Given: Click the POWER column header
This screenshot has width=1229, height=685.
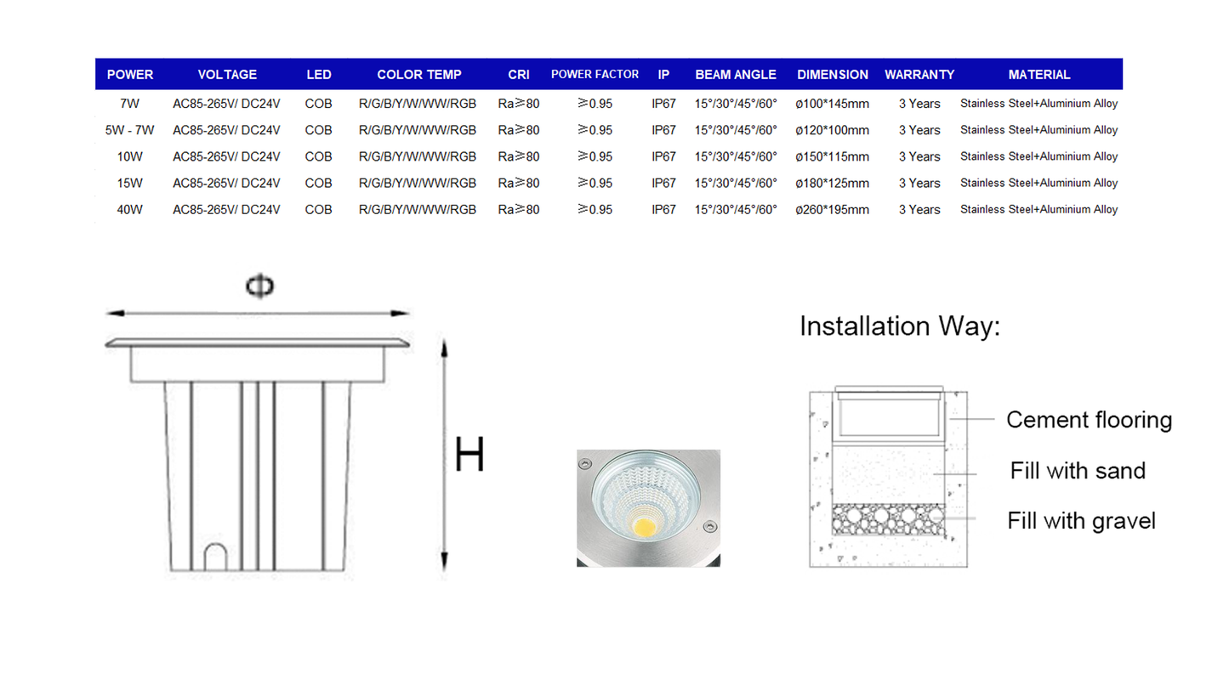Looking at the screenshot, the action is (x=129, y=75).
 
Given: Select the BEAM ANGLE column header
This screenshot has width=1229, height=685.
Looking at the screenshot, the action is (x=735, y=75).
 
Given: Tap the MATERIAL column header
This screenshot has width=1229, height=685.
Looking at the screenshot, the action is (x=1038, y=75).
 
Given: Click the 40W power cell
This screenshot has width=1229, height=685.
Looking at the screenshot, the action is (x=129, y=210).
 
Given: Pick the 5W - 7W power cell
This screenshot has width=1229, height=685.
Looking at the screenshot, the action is (x=129, y=130).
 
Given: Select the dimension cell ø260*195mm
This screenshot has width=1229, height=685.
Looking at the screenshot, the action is (x=833, y=210).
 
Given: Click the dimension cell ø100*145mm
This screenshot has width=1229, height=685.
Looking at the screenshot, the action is (x=833, y=104).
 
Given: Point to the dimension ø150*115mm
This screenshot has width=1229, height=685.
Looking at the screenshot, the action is (x=833, y=157).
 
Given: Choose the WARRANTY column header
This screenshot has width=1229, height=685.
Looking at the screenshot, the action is (x=919, y=75).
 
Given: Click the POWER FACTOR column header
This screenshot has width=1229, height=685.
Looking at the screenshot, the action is (x=595, y=75).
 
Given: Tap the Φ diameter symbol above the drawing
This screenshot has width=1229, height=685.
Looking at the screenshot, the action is (x=259, y=286).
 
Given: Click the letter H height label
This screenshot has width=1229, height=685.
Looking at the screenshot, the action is (x=469, y=454).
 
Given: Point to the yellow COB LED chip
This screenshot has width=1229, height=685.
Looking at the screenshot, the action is (x=644, y=527).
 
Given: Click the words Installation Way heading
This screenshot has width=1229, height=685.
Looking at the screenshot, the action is (x=900, y=326).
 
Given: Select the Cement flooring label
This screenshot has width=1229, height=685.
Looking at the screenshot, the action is (x=1090, y=420).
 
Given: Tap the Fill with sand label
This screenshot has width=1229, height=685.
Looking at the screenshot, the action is (x=1078, y=471).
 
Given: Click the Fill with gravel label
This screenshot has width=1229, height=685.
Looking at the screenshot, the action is (x=1081, y=521).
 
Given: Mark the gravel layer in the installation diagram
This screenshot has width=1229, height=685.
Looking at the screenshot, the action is (x=888, y=518).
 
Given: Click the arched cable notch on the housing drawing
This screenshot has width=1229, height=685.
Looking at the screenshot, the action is (x=216, y=557).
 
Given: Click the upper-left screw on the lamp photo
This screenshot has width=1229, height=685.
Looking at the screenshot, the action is (x=585, y=464).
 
